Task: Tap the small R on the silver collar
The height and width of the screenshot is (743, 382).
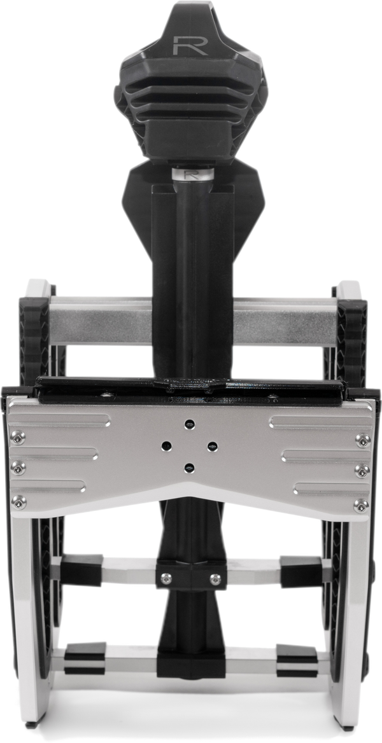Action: [188, 174]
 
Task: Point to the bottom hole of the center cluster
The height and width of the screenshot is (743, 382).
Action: [188, 468]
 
